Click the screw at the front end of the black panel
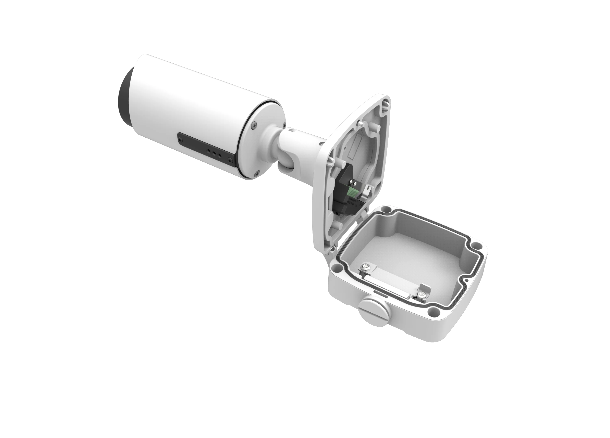coord(179,139)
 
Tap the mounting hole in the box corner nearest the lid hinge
coord(336,267)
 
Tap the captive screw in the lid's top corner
coord(387,103)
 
